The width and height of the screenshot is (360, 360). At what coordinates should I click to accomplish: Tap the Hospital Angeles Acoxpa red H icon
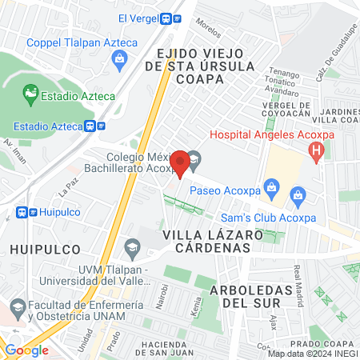[x=318, y=148]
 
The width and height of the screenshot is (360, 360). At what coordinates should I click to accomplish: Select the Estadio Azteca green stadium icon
[x=30, y=95]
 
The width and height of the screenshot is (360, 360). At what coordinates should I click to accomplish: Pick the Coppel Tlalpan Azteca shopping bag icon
[x=120, y=57]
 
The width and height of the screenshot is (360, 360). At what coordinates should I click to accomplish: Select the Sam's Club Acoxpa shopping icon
[x=298, y=194]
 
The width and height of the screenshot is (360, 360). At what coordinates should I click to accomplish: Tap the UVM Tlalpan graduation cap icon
[x=130, y=247]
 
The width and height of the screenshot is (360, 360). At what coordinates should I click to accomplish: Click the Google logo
[x=26, y=350]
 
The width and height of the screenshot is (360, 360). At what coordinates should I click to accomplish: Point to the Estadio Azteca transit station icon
[x=92, y=126]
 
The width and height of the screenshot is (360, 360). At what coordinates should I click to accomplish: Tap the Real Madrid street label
[x=298, y=280]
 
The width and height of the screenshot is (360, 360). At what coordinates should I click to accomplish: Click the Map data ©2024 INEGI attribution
[x=313, y=353]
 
